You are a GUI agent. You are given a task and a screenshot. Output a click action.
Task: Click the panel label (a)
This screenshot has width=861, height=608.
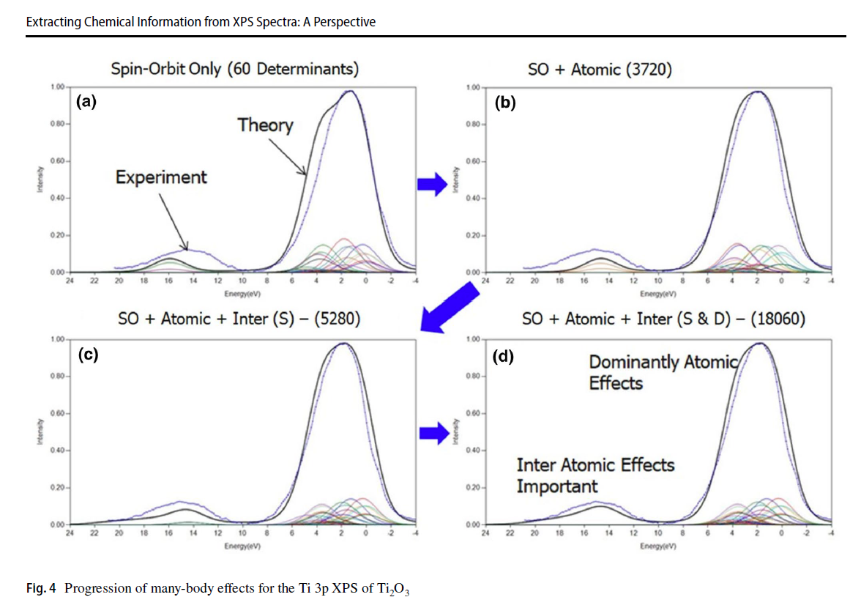coord(86,103)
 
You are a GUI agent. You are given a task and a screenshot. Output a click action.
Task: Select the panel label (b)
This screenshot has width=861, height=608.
coord(505,103)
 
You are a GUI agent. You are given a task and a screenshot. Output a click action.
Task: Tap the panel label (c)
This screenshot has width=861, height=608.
coord(88,355)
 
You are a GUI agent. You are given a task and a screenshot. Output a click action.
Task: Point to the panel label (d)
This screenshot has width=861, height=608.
coord(505,357)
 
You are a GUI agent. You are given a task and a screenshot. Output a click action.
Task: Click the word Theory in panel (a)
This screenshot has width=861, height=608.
coord(265,125)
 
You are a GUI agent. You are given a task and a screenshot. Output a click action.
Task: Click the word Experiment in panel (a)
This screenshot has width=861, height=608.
coord(161,177)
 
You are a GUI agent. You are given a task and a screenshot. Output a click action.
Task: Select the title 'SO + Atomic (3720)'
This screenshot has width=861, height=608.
coord(600,70)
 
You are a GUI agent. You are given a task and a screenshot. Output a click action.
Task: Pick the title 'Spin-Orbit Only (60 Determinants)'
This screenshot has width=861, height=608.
coord(234,70)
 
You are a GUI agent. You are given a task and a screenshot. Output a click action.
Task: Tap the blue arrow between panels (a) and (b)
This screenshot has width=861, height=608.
coord(432,185)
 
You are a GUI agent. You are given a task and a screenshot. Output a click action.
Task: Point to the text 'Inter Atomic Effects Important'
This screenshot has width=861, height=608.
coord(595,475)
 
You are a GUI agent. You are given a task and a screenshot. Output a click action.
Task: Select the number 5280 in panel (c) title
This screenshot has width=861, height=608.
coord(329,319)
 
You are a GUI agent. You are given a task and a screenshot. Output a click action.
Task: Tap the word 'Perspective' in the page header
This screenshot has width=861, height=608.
coord(343,22)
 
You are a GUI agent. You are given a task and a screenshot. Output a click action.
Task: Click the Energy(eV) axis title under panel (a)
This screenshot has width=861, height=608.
coord(242,292)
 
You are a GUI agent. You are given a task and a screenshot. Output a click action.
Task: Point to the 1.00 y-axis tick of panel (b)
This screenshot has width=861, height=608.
coord(473,88)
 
